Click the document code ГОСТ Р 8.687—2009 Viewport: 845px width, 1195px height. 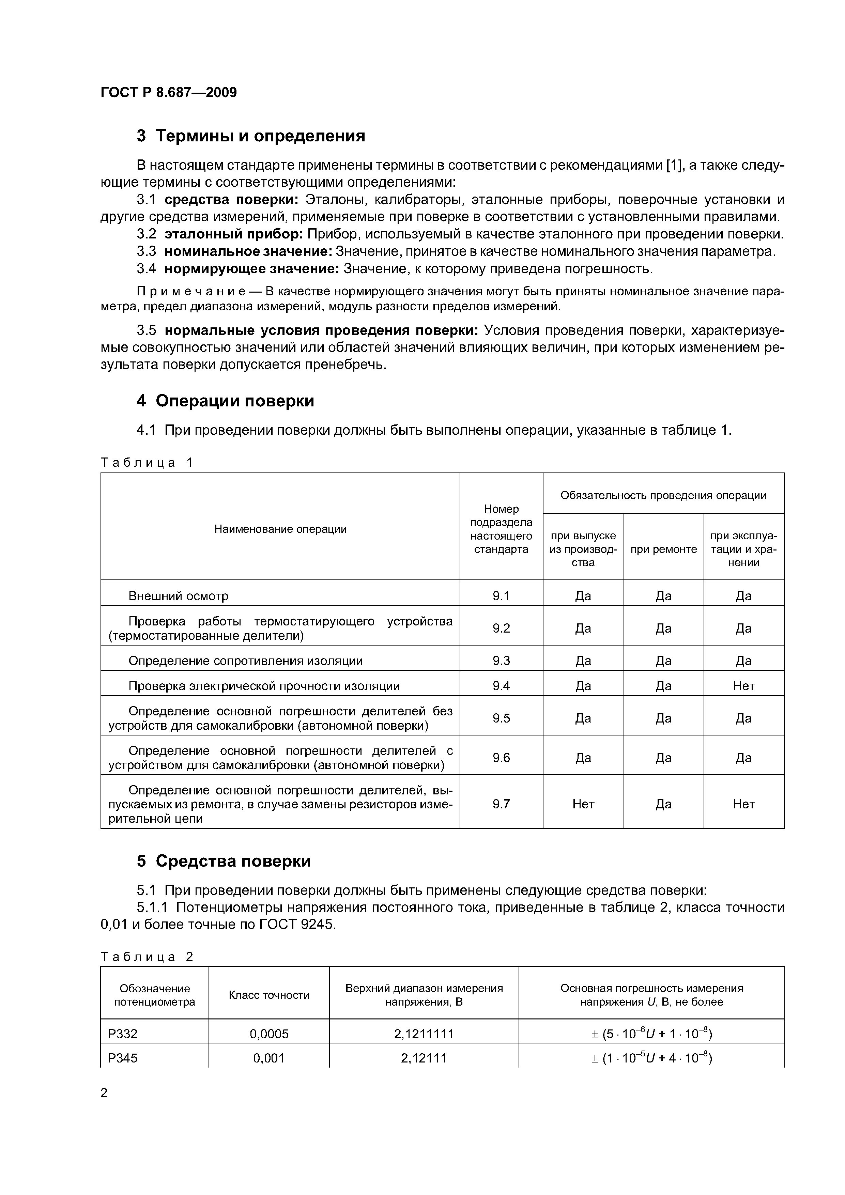pos(168,92)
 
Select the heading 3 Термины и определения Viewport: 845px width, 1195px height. pos(250,136)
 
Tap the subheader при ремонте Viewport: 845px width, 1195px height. pos(663,549)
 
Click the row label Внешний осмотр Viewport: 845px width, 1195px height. pos(178,596)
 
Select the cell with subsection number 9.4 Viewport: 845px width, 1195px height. pos(501,686)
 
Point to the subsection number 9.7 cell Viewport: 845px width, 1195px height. pos(501,804)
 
